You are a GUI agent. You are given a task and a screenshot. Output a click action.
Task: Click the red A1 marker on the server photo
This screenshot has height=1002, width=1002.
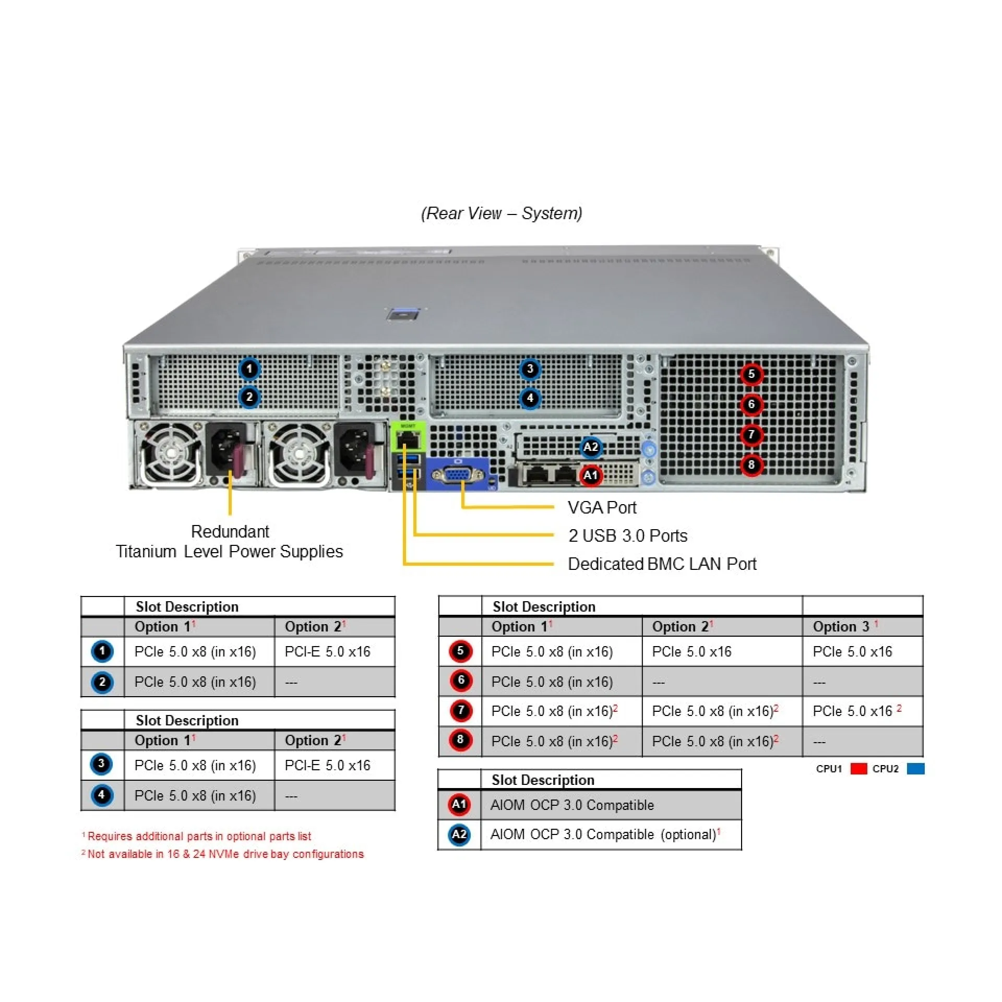590,475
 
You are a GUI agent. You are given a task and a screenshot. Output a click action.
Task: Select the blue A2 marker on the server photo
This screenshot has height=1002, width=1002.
590,447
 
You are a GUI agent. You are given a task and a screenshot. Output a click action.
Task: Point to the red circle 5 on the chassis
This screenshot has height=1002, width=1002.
751,374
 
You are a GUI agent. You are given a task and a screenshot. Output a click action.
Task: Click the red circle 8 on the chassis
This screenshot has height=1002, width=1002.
751,464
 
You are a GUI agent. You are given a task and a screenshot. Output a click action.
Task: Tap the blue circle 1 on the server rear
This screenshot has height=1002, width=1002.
249,369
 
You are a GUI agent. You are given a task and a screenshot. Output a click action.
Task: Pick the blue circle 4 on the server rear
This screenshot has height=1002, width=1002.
530,399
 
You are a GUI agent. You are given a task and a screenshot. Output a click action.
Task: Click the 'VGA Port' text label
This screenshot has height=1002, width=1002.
602,507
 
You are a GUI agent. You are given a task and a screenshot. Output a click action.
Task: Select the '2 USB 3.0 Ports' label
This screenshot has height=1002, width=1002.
627,535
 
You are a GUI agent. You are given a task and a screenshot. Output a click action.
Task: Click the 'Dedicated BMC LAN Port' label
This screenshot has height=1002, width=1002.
662,564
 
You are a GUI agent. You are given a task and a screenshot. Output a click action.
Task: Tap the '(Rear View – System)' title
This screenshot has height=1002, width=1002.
501,213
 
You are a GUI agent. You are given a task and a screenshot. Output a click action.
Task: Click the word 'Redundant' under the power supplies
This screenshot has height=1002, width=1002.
230,531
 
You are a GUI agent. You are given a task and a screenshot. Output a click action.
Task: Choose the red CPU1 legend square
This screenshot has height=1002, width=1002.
858,769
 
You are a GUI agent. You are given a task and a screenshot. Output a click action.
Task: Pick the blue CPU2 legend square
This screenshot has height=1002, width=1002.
915,769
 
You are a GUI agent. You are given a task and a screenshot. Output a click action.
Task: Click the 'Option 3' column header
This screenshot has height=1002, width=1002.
841,626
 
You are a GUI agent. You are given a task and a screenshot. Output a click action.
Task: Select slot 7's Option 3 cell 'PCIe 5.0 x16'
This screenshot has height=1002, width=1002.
852,711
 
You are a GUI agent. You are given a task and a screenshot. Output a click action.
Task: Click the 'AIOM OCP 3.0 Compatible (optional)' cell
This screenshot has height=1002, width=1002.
603,834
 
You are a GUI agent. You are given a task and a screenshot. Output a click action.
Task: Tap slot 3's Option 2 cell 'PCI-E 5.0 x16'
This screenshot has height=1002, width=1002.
327,765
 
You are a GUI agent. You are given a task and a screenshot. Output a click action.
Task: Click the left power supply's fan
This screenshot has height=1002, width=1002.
170,453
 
